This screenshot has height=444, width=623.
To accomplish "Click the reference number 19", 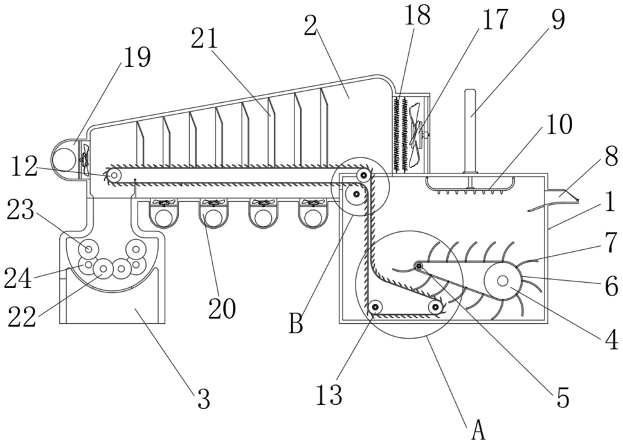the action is point(137,58).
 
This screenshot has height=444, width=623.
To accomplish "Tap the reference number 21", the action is point(204,39).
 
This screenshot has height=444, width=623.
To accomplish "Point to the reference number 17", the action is point(494,19).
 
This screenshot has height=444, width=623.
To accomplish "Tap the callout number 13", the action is point(329,395).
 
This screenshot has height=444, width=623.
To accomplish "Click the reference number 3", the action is point(204,398).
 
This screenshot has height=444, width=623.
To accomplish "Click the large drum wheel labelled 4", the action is point(502,281).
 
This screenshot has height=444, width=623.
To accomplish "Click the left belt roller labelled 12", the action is point(114,174).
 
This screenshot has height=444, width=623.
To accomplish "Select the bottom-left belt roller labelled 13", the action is point(375,306).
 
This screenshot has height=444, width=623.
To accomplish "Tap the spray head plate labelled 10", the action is point(470,184).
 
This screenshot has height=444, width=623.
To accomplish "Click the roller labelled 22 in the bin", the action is point(104,269).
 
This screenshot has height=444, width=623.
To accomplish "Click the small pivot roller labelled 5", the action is point(419,265).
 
